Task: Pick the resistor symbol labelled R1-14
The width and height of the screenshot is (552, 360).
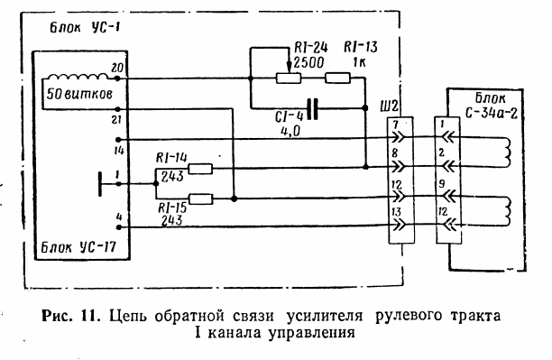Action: (x=200, y=168)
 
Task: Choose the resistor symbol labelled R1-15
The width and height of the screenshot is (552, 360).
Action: (x=200, y=198)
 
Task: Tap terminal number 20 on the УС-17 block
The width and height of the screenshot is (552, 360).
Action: (x=115, y=69)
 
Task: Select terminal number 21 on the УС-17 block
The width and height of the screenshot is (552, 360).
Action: (x=115, y=118)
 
